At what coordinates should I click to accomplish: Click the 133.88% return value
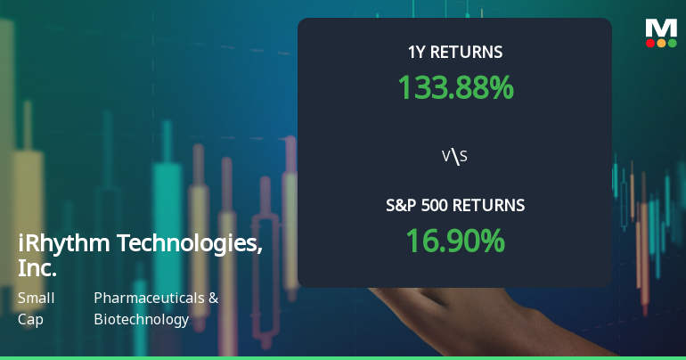coord(455,87)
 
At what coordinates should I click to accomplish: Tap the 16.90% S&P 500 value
coord(455,241)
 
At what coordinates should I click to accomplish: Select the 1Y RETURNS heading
coord(455,53)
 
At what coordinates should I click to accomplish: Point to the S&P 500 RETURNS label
coord(455,206)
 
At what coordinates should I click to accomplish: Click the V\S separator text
coord(455,157)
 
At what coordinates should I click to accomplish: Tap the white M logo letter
coord(661,27)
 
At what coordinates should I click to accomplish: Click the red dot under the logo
coord(650,43)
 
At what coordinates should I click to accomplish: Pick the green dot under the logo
coord(673,43)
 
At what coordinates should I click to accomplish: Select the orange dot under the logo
coord(661,43)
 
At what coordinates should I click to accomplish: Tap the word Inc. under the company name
coord(37,267)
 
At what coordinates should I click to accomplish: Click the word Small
coord(37,299)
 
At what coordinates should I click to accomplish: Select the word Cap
coord(30,319)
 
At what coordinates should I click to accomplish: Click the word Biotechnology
coord(141,319)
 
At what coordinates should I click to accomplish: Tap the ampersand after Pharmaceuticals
coord(213,299)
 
